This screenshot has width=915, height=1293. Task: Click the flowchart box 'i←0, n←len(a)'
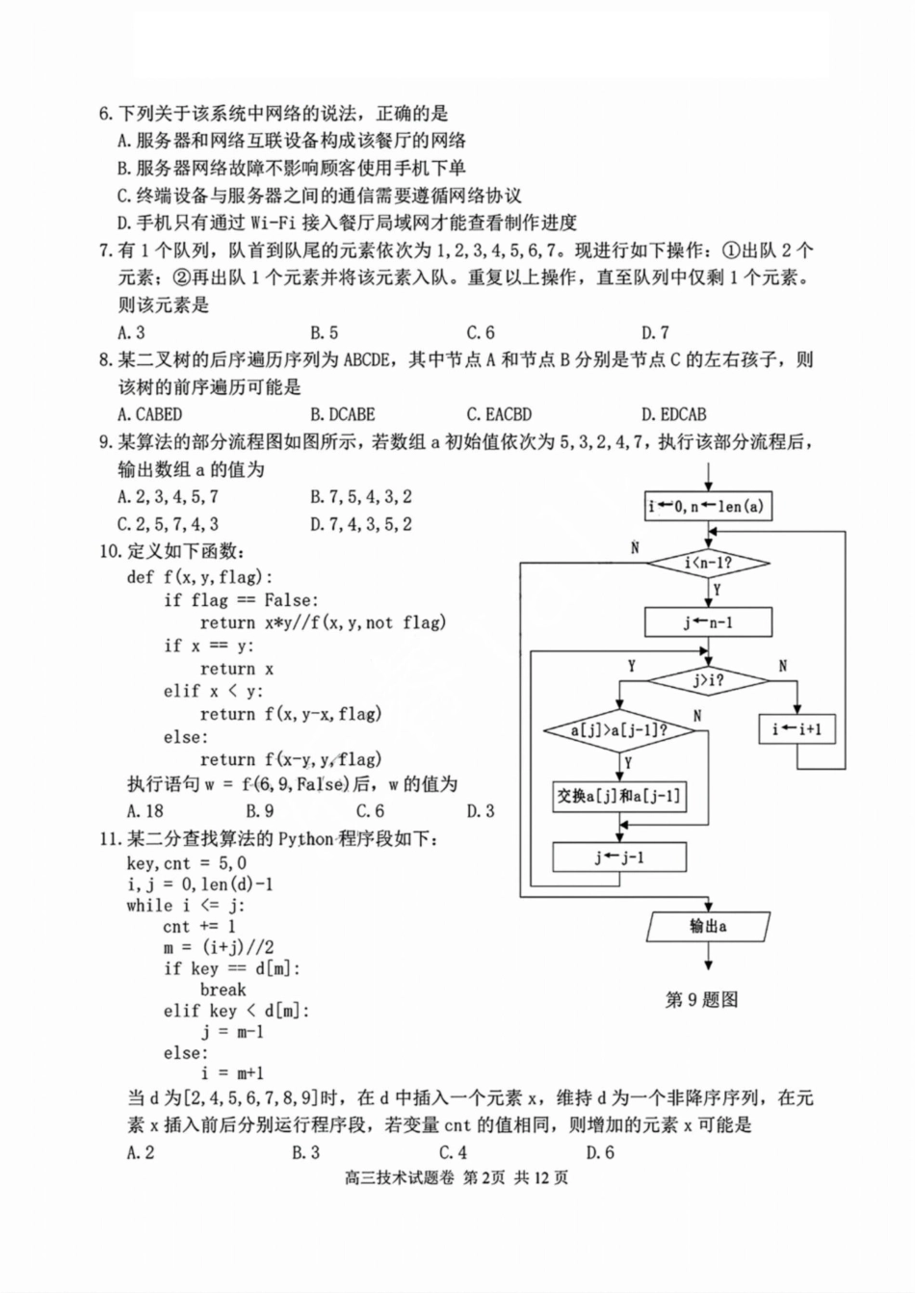tap(709, 506)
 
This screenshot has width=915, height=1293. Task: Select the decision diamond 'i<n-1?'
tap(709, 563)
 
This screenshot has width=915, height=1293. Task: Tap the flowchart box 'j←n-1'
tap(709, 622)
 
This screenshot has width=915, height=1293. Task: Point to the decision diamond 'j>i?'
tap(709, 680)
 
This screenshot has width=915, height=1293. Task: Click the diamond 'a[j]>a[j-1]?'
tap(619, 730)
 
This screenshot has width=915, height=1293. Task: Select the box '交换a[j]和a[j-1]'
tap(619, 796)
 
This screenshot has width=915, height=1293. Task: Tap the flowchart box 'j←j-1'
tap(619, 857)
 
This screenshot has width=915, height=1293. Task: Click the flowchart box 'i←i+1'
tap(797, 729)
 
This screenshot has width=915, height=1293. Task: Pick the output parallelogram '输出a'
tap(709, 927)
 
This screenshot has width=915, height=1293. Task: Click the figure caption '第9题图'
tap(701, 1000)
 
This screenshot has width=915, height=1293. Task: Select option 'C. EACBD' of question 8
tap(499, 414)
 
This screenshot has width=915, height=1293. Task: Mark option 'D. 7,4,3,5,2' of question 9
tap(361, 524)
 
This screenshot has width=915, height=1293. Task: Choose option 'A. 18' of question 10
tap(145, 811)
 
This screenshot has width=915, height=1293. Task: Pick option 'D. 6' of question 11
tap(600, 1152)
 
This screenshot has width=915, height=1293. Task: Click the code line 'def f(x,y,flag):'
tap(200, 577)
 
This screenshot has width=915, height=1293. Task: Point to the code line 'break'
tap(223, 990)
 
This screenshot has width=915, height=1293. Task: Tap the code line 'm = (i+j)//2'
tap(219, 947)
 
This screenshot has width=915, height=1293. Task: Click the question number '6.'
tap(107, 114)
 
